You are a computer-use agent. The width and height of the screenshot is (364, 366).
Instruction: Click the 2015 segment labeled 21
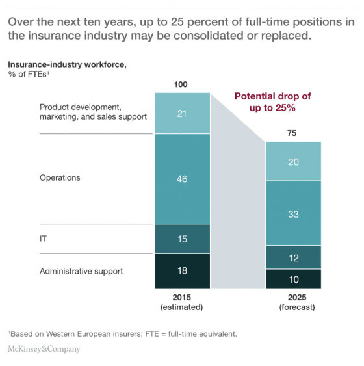coord(183,113)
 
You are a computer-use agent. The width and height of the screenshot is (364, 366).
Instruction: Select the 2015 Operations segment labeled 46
coord(183,178)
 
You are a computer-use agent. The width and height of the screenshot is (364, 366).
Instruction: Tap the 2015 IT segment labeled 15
coord(183,239)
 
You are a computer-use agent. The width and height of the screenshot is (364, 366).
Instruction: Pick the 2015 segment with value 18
coord(183,270)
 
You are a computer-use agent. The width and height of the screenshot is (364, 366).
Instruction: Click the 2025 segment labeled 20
coord(293,161)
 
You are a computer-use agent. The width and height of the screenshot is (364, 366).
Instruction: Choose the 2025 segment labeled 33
coord(293,213)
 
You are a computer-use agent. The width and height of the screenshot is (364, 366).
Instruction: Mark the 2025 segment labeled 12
coord(293,257)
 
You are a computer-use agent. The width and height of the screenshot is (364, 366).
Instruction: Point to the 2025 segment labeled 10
coord(293,278)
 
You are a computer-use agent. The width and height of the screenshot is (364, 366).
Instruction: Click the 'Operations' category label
coord(60,177)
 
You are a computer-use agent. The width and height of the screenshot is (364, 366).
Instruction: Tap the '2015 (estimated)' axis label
coord(183,303)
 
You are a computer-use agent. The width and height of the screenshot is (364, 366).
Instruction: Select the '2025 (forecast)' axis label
coord(293,303)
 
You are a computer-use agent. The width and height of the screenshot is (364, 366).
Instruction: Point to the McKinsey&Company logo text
coord(44,349)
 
